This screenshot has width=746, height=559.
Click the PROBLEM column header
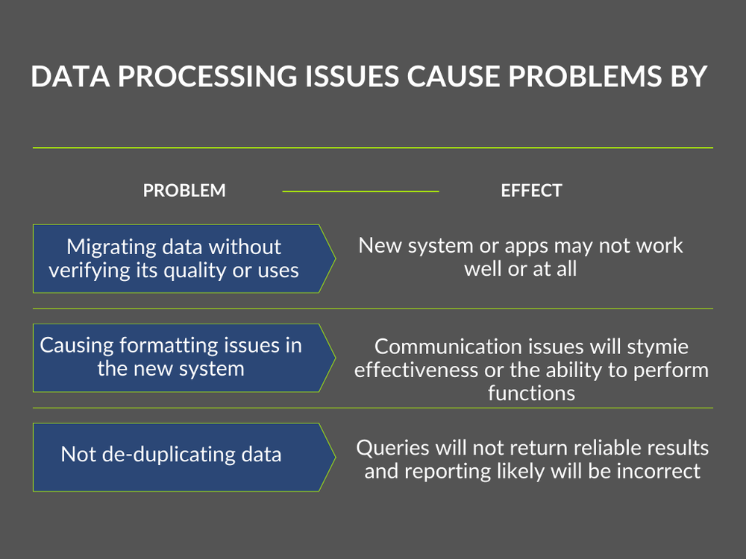(x=184, y=191)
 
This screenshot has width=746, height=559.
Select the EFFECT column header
(x=531, y=191)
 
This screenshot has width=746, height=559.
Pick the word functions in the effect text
(x=531, y=393)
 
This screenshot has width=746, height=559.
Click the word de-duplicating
(x=167, y=455)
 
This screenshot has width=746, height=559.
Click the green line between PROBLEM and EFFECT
(x=360, y=192)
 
